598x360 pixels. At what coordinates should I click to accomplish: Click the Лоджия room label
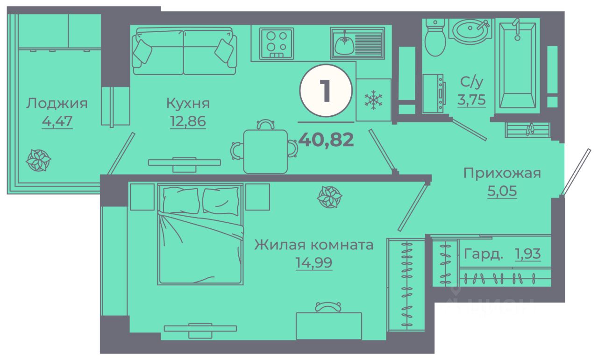tap(57, 103)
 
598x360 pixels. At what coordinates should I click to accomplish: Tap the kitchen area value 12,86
tap(188, 121)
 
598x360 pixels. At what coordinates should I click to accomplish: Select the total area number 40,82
tap(326, 139)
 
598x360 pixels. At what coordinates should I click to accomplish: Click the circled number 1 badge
tap(326, 91)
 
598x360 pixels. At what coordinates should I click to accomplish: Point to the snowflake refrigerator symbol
tap(373, 100)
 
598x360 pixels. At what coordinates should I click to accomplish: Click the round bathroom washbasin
tap(471, 31)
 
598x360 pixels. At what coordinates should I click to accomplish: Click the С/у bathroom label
tap(472, 82)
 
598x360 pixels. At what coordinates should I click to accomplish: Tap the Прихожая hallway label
tap(502, 173)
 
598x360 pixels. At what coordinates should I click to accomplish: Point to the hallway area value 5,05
tap(503, 191)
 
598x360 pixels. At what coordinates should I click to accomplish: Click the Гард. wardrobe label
tap(484, 255)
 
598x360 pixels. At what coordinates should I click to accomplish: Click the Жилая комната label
tap(313, 245)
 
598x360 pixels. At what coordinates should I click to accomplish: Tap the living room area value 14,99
tap(313, 263)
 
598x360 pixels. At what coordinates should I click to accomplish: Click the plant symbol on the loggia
tap(38, 160)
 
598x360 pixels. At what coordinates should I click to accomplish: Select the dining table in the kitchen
tap(265, 151)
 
